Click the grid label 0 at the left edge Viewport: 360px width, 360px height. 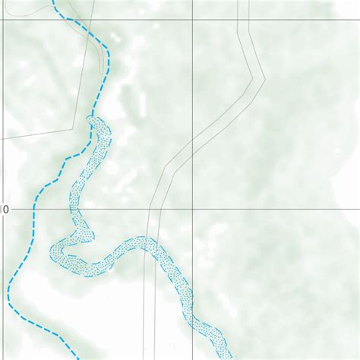pyautogui.click(x=5, y=208)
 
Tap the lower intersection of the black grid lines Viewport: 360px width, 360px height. pyautogui.click(x=192, y=208)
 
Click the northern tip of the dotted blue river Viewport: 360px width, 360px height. pyautogui.click(x=95, y=118)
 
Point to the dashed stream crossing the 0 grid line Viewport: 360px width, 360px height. pyautogui.click(x=35, y=208)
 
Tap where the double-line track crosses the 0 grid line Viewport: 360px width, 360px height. pyautogui.click(x=154, y=208)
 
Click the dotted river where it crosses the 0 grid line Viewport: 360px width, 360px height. pyautogui.click(x=74, y=208)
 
